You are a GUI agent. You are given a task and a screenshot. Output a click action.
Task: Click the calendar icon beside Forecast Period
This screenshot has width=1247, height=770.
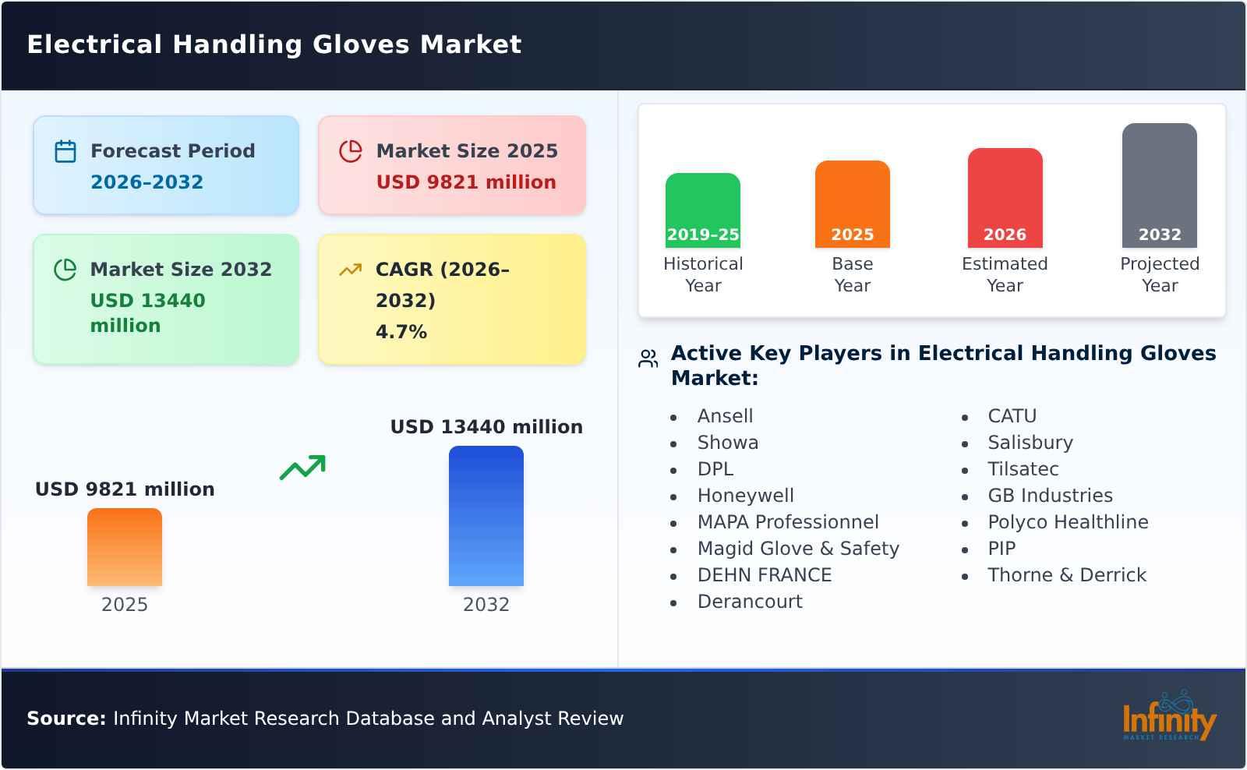tap(65, 151)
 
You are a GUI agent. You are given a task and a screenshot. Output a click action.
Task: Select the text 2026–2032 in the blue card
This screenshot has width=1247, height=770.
tap(147, 182)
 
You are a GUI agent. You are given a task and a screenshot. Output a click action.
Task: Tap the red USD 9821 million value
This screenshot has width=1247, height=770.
tap(466, 182)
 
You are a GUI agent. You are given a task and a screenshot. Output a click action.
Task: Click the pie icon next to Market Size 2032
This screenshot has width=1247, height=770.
tap(65, 270)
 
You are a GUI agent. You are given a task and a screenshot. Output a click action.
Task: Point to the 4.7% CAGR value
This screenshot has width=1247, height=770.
tap(401, 332)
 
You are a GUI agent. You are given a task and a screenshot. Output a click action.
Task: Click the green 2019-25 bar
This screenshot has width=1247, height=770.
tap(702, 210)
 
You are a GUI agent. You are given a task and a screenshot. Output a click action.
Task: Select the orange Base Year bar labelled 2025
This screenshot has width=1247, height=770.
tap(852, 204)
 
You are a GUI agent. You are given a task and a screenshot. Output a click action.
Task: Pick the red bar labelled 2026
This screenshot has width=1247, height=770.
tap(1005, 198)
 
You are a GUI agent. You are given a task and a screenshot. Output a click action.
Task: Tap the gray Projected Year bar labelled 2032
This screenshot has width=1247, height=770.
tap(1159, 185)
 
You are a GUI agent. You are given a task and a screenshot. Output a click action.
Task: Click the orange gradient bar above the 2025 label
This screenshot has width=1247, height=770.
tap(125, 547)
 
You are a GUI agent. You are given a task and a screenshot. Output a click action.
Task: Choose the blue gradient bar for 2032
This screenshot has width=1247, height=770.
tap(486, 516)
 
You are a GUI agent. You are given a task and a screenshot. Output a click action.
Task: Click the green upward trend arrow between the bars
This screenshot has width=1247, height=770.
tap(302, 468)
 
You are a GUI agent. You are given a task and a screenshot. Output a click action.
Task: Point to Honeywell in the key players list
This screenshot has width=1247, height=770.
tap(745, 496)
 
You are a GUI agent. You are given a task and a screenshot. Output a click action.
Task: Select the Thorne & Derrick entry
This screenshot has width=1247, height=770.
tap(1066, 575)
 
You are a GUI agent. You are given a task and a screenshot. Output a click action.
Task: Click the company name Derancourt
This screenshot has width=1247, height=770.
tap(749, 602)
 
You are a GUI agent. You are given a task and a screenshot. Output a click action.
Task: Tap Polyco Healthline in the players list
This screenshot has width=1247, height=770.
tap(1067, 522)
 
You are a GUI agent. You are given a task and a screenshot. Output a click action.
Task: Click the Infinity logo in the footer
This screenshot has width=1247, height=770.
tap(1168, 717)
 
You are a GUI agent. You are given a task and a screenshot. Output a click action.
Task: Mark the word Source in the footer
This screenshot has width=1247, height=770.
tap(65, 719)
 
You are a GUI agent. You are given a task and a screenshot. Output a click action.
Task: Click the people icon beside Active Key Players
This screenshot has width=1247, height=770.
tap(648, 359)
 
